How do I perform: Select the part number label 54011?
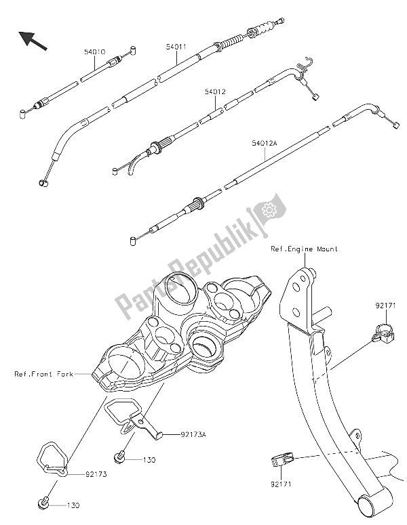click(177, 48)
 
